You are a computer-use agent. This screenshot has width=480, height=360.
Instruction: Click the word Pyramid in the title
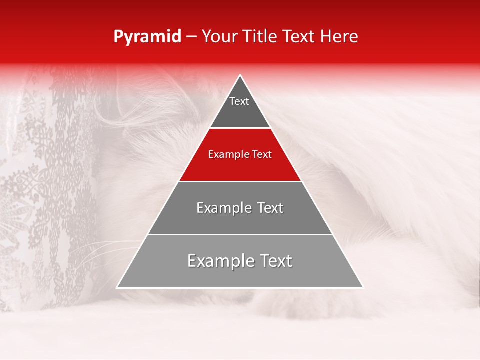click(x=147, y=37)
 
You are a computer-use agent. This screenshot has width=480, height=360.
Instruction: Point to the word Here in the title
click(x=339, y=37)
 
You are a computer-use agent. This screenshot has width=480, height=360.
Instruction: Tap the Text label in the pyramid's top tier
click(x=239, y=101)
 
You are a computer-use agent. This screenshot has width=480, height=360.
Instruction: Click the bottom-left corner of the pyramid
click(x=117, y=287)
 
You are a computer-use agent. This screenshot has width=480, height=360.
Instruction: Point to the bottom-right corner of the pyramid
click(x=362, y=287)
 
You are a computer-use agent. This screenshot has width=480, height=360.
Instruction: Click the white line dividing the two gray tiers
click(x=240, y=234)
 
